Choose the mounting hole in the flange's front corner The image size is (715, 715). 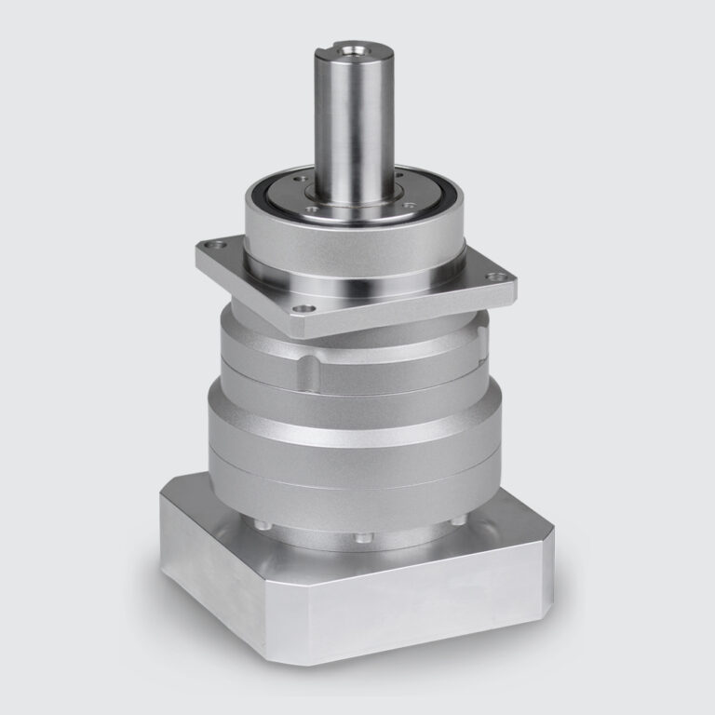point(299,310)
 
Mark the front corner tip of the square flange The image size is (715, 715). point(304,331)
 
